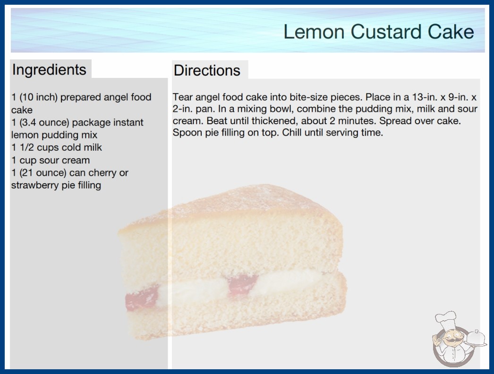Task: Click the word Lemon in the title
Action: [x=314, y=32]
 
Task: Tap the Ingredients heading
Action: [x=49, y=70]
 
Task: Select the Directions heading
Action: [x=207, y=70]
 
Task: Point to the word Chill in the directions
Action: [x=292, y=133]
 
